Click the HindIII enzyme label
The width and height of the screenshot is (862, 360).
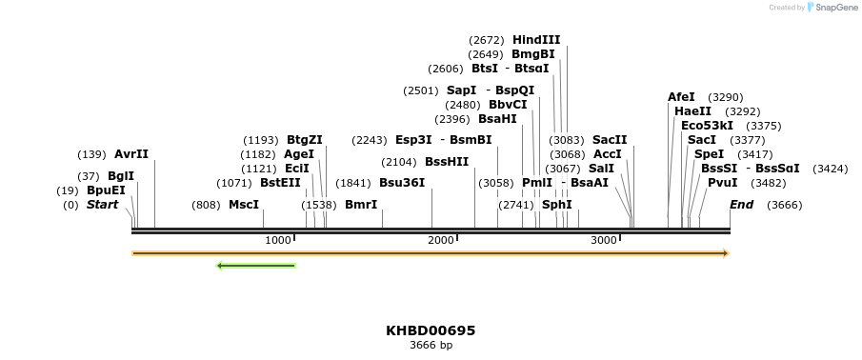[x=536, y=40]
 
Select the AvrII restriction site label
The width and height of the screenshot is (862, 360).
[x=131, y=154]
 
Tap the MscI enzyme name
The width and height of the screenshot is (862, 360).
[x=244, y=205]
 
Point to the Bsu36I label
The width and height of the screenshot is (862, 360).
[x=402, y=183]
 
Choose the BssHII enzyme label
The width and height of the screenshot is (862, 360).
[x=447, y=162]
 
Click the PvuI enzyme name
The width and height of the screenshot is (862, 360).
[x=722, y=183]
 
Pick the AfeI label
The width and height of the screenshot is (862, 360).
[x=681, y=97]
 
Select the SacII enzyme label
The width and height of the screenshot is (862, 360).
[x=610, y=140]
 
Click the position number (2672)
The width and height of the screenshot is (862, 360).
[x=487, y=40]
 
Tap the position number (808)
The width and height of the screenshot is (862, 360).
[x=206, y=205]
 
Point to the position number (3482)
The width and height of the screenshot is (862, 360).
[x=769, y=183]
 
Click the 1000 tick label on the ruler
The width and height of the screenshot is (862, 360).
[x=278, y=241]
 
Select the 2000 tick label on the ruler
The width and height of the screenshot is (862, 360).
[x=441, y=241]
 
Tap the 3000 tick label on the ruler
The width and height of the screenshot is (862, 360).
[x=604, y=241]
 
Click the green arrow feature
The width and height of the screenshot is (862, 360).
[x=256, y=265]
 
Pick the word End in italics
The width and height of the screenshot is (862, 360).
[x=741, y=205]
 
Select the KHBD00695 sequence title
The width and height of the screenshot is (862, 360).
[x=431, y=330]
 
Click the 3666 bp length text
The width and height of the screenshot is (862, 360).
[x=431, y=345]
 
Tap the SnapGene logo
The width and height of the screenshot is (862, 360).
[x=832, y=8]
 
